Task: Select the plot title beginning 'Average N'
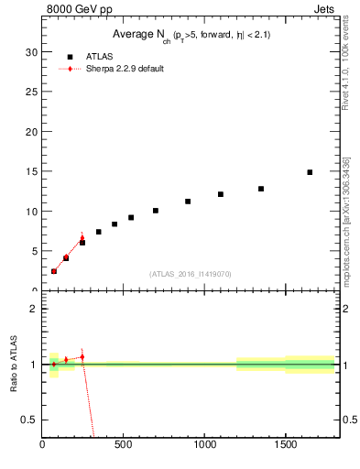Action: [x=191, y=34]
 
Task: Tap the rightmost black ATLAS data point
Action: [x=310, y=172]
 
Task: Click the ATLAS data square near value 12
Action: [x=221, y=194]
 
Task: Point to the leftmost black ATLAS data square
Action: [x=54, y=271]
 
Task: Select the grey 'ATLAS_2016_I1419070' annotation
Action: [x=191, y=273]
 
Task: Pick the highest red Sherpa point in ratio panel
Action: [x=82, y=356]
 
